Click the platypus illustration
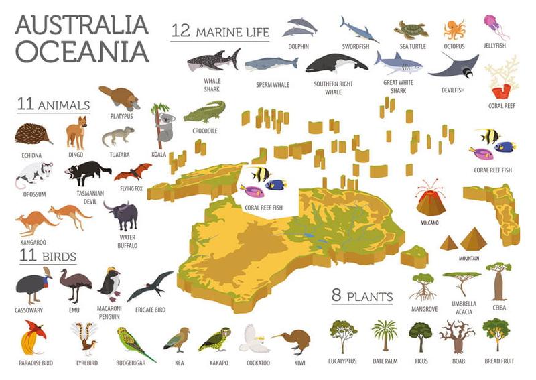click(119, 98)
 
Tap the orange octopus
click(454, 30)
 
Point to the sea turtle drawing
click(411, 29)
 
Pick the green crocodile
click(204, 111)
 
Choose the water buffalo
click(123, 215)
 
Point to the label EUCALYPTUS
click(343, 362)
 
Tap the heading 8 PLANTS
click(362, 295)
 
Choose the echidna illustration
click(33, 134)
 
